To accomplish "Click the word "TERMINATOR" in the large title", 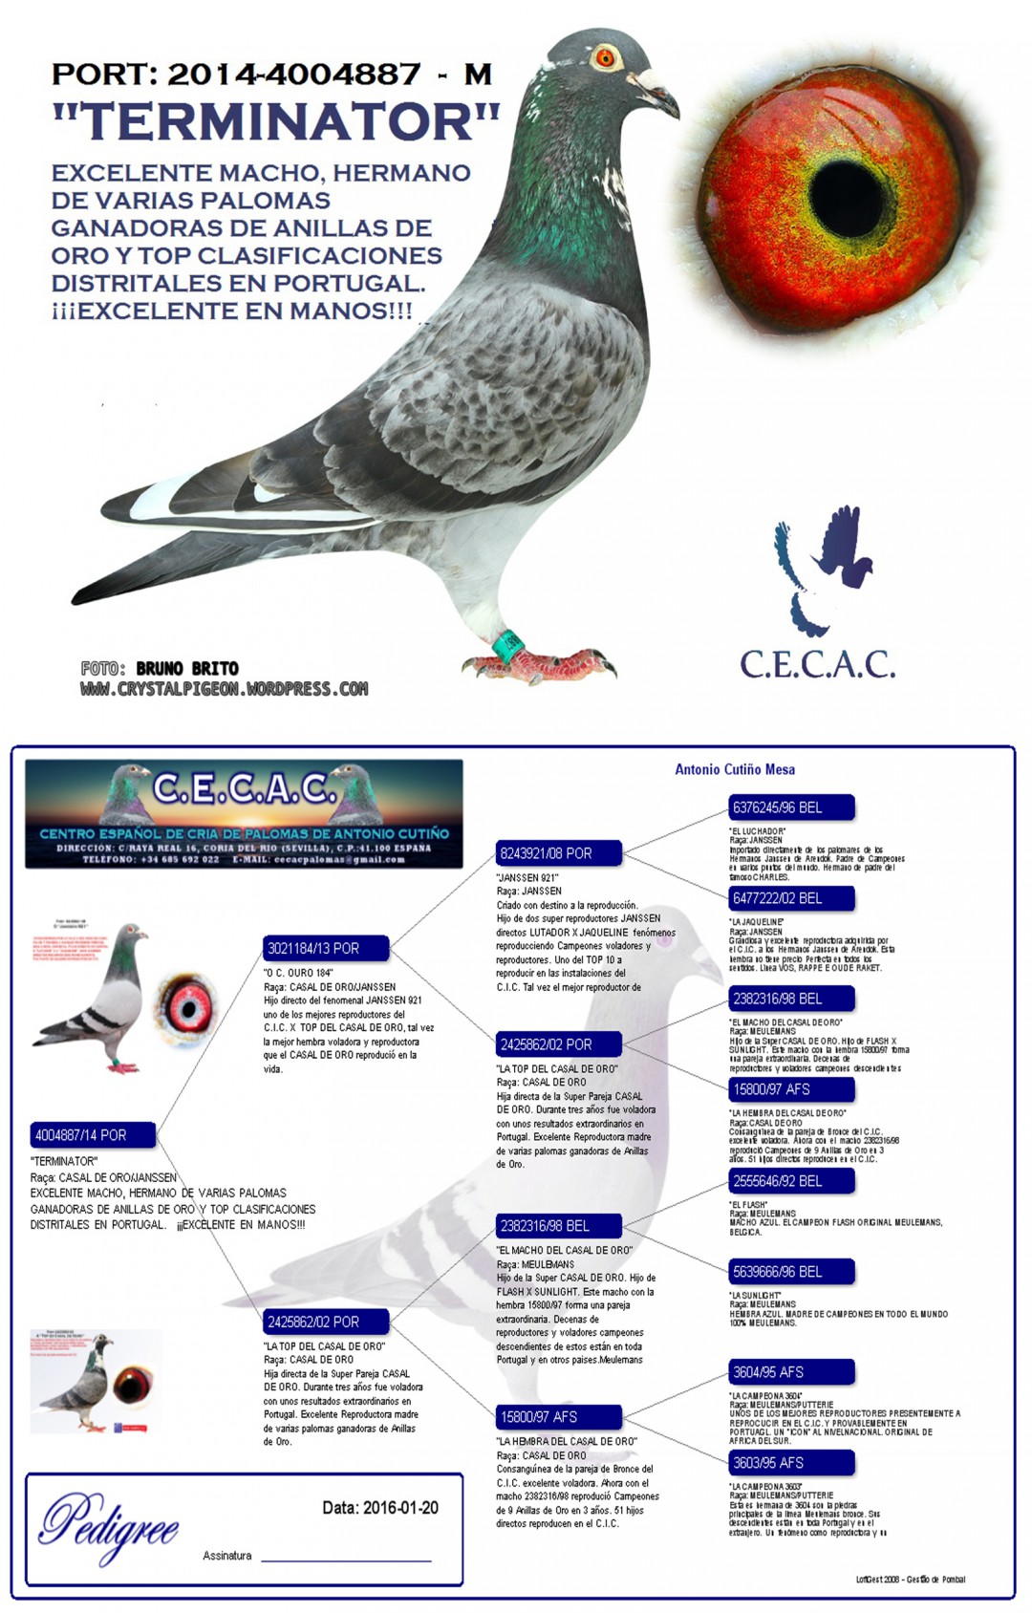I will click(x=275, y=121).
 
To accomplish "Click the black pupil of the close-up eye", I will click(x=847, y=198).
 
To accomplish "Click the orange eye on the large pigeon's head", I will click(x=605, y=58).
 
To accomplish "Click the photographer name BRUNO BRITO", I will click(x=187, y=668).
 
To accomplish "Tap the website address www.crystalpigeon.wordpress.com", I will click(x=224, y=689).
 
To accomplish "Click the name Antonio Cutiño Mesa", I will click(x=735, y=769).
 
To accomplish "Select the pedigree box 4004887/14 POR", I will click(x=93, y=1135).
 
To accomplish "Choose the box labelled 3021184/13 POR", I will click(x=326, y=948).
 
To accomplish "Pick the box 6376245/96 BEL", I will click(x=791, y=807).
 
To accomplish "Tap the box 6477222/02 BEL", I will click(x=791, y=898).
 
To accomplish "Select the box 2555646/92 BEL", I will click(x=791, y=1181).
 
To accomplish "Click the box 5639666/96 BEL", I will click(x=791, y=1272).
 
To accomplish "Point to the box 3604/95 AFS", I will click(x=791, y=1372).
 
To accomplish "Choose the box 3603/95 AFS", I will click(x=791, y=1463).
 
